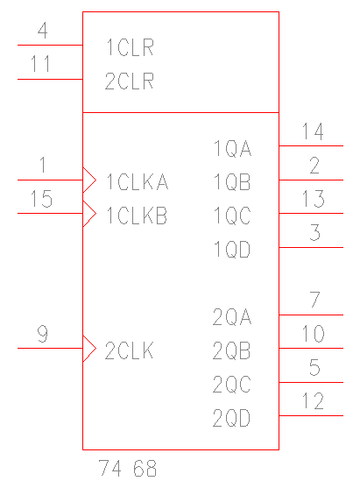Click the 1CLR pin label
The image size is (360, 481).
pos(130,47)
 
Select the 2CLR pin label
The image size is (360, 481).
pos(130,81)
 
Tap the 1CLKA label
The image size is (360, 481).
pos(138,181)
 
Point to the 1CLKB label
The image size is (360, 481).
pos(137,215)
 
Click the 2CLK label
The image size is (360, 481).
pos(129,350)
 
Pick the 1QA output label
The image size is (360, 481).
pos(232,148)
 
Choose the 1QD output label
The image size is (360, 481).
pos(232,249)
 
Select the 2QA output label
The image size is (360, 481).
pos(232,316)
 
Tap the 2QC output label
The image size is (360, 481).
pos(231,384)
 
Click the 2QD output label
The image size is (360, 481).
pos(231,418)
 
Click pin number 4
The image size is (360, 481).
pos(43,31)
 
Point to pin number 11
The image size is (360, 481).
pos(40,63)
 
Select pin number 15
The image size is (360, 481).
pos(41,199)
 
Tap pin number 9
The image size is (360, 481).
pos(43,334)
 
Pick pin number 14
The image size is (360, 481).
pos(313,131)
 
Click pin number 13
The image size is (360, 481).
pos(313,199)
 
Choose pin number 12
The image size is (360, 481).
pos(313,401)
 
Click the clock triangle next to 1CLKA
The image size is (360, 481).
pos(89,180)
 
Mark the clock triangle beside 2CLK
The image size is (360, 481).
pos(89,349)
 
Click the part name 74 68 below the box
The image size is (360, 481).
pos(128,468)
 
